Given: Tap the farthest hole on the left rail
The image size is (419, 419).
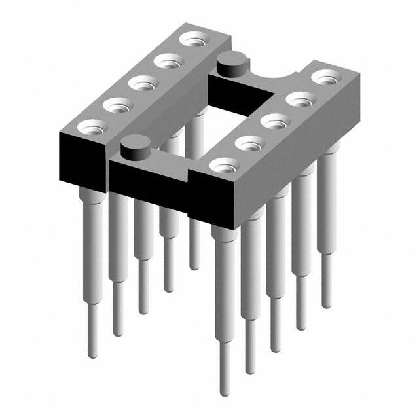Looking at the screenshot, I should pos(192,42).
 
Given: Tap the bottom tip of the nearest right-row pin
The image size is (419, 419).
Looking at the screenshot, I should pos(225,393).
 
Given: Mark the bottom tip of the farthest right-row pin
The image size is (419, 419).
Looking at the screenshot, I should pos(325,304).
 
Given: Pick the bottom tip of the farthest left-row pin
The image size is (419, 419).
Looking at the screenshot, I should pos(194,267).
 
